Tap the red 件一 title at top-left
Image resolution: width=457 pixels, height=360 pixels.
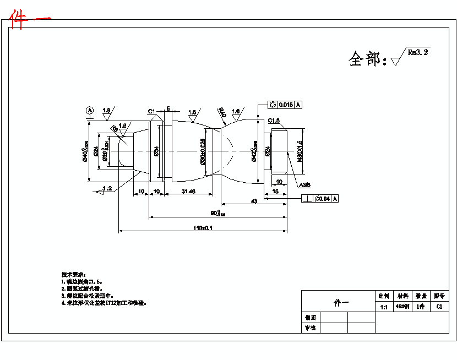pos(30,20)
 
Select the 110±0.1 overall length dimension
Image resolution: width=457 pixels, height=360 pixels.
pos(203,228)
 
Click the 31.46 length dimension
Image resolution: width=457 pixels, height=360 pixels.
pos(188,191)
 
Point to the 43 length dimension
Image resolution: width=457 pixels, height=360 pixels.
pos(254,201)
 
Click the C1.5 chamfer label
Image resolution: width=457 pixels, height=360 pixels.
pos(274,121)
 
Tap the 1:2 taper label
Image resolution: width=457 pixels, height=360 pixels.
pos(107,188)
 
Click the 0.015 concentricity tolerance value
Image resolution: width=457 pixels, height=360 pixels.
pos(285,105)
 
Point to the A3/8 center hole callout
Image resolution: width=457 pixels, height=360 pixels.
pos(305,185)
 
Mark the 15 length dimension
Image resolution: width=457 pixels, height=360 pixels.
pos(275,191)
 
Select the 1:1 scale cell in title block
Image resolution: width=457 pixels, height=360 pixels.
pos(384,307)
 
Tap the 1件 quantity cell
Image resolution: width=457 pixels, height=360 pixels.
pos(421,307)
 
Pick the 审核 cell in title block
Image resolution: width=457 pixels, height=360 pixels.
pos(311,328)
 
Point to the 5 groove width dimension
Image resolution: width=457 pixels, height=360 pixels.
pos(167,108)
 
